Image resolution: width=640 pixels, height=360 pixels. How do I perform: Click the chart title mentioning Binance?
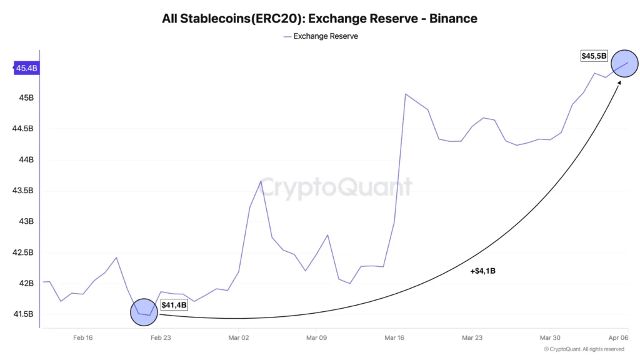319,19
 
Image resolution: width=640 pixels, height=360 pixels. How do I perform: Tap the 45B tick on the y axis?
26,98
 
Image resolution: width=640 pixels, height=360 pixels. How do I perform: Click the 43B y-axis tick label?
26,221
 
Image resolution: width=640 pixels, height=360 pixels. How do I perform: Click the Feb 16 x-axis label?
82,337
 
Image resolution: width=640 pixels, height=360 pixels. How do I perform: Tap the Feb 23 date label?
161,337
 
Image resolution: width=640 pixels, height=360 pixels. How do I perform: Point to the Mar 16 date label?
394,337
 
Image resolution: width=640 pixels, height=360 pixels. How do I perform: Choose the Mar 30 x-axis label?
549,337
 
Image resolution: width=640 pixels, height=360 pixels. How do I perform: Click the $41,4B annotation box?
174,305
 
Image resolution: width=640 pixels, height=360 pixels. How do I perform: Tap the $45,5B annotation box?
594,56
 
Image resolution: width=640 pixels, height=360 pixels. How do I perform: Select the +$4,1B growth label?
482,271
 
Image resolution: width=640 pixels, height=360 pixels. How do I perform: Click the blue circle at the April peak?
624,63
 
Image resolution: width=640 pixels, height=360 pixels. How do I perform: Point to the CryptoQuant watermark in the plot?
336,187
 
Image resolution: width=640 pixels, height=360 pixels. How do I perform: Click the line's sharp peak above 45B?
406,94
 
